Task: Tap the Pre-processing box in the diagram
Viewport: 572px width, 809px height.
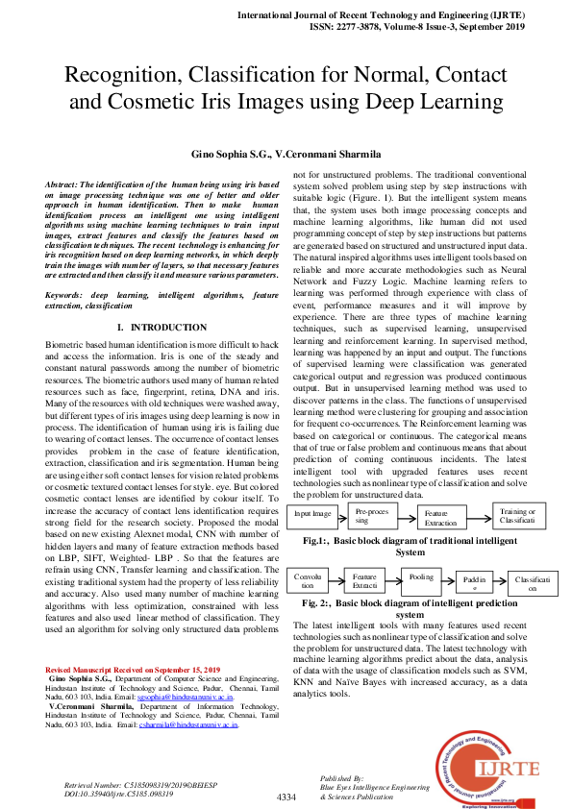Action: [370, 515]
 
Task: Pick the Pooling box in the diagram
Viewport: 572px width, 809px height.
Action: [421, 577]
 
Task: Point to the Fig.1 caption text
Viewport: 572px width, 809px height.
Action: [409, 547]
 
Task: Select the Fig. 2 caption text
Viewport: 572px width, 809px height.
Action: [409, 608]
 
